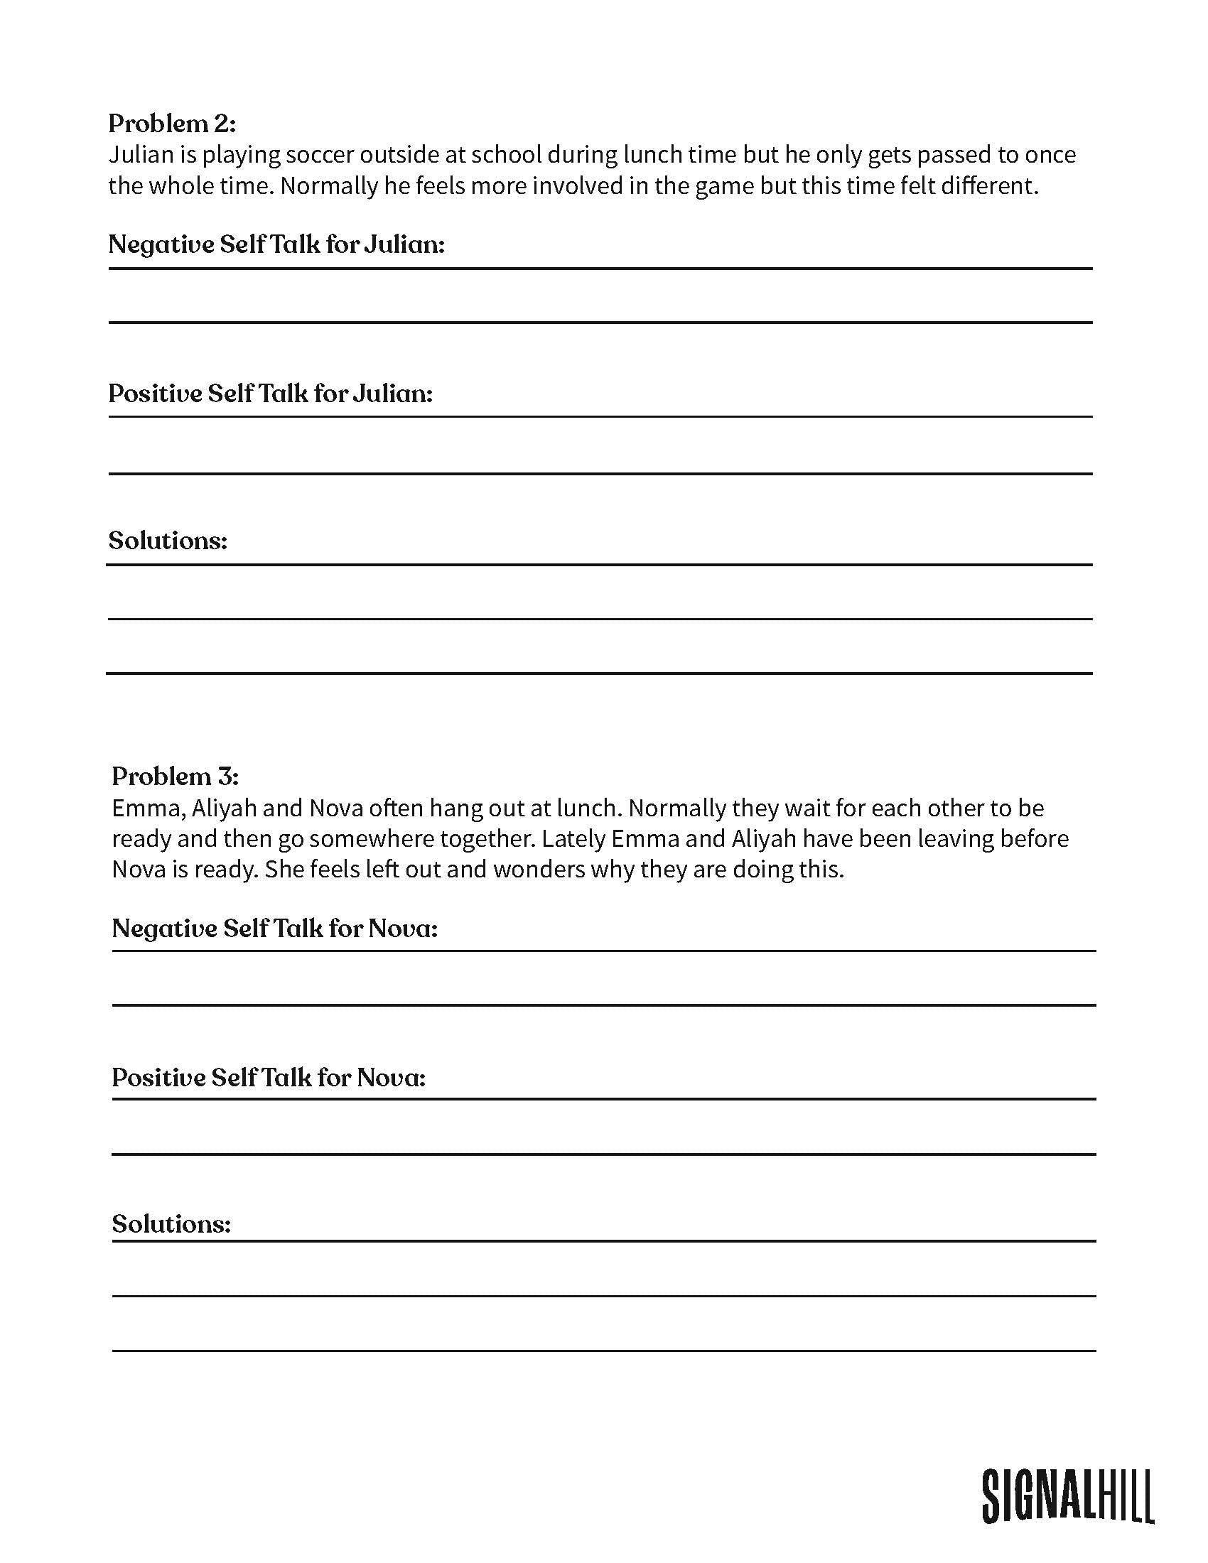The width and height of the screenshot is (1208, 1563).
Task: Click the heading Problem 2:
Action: tap(172, 124)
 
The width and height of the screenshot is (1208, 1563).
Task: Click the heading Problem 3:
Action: tap(176, 776)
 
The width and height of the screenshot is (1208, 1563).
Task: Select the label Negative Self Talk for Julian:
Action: tap(276, 245)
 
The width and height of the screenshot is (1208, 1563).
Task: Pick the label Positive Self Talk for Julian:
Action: tap(271, 394)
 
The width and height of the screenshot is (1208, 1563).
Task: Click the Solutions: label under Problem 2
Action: tap(168, 541)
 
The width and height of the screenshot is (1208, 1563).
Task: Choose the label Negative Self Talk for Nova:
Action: tap(275, 929)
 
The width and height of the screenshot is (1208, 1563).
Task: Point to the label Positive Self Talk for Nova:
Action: tap(269, 1077)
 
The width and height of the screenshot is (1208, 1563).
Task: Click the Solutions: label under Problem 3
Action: tap(171, 1224)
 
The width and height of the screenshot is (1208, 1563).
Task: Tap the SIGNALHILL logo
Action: tap(1067, 1495)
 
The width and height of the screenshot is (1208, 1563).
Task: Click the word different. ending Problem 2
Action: tap(989, 186)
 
